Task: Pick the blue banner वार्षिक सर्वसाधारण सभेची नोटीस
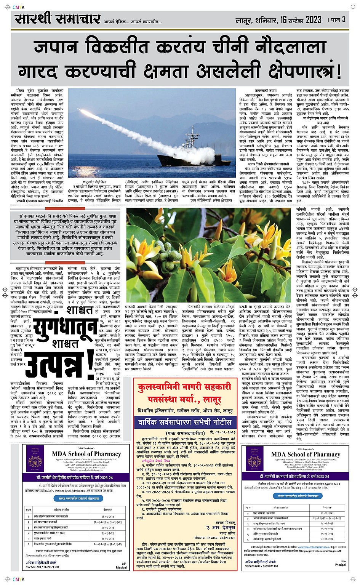point(185,422)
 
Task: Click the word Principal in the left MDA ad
point(121,567)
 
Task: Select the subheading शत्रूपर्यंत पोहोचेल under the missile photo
point(94,182)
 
